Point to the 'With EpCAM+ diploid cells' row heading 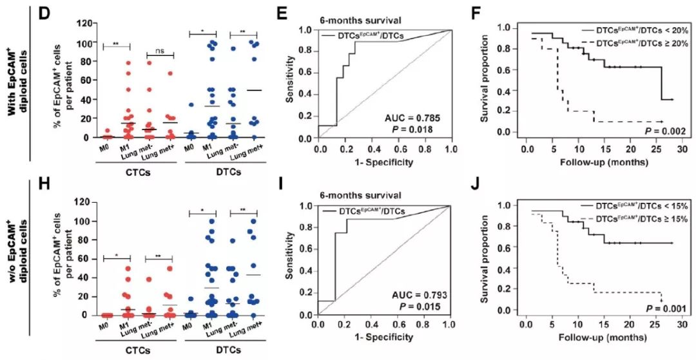tap(17, 79)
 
